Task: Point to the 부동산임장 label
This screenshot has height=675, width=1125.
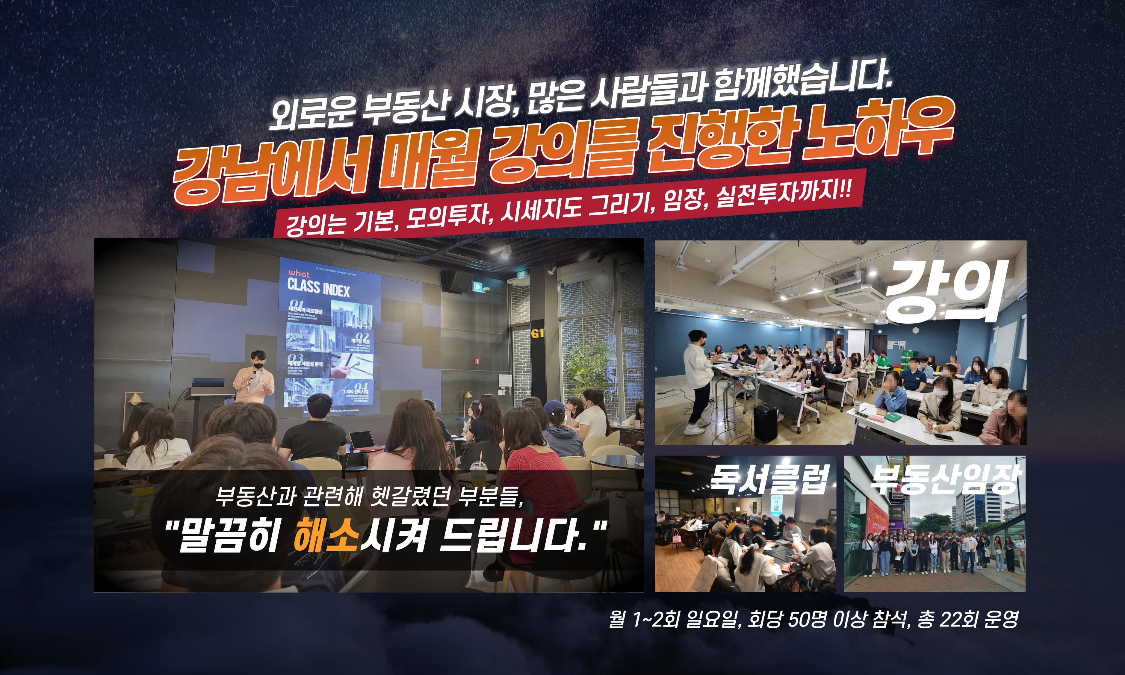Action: [944, 479]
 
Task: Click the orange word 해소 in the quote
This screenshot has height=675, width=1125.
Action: [326, 537]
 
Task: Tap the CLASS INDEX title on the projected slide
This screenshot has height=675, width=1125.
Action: [318, 288]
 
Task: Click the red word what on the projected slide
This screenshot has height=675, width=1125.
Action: [298, 274]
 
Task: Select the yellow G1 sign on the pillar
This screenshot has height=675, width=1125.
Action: [537, 333]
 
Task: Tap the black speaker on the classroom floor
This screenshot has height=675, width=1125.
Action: [765, 423]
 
